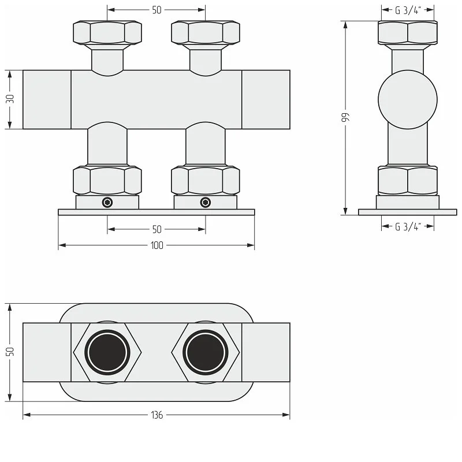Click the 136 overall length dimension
tap(157, 415)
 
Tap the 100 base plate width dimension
tap(157, 245)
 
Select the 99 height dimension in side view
tap(345, 117)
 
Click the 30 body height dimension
tap(10, 99)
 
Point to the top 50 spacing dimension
tap(157, 10)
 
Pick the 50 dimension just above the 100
tap(157, 229)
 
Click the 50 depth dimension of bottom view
tap(10, 352)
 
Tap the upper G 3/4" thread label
tap(408, 10)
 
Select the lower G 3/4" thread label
tap(408, 226)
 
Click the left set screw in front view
tap(107, 203)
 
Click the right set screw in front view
tap(206, 203)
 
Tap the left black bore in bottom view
tap(107, 352)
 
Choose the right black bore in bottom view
tap(206, 352)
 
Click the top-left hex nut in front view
tap(107, 33)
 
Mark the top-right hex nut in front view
tap(206, 33)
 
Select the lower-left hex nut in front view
tap(107, 181)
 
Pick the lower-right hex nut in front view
tap(206, 181)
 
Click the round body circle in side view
tap(408, 99)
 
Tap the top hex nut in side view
tap(408, 33)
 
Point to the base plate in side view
tap(408, 212)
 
